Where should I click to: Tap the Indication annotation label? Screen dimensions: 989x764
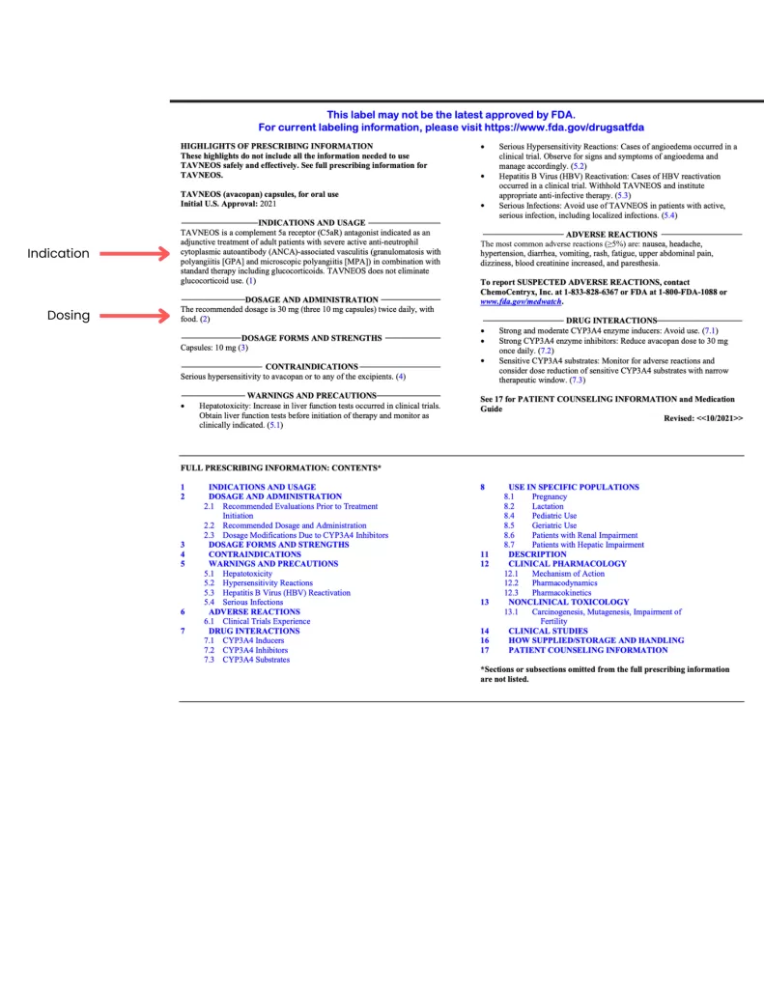click(58, 253)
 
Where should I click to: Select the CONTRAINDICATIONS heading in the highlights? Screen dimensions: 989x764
click(311, 367)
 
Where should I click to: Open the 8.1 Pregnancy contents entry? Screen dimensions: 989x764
click(549, 496)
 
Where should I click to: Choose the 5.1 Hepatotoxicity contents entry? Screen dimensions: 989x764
click(247, 574)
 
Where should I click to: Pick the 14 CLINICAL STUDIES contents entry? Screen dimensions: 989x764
click(548, 631)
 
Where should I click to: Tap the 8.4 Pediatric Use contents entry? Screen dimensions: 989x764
click(554, 516)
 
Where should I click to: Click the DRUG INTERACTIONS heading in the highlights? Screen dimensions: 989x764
click(612, 320)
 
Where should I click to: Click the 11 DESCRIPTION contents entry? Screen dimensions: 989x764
click(537, 554)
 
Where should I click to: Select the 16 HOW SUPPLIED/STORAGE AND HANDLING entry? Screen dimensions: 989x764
click(596, 640)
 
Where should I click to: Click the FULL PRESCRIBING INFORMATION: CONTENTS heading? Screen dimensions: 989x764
click(280, 467)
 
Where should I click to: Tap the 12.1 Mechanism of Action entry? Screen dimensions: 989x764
click(564, 574)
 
